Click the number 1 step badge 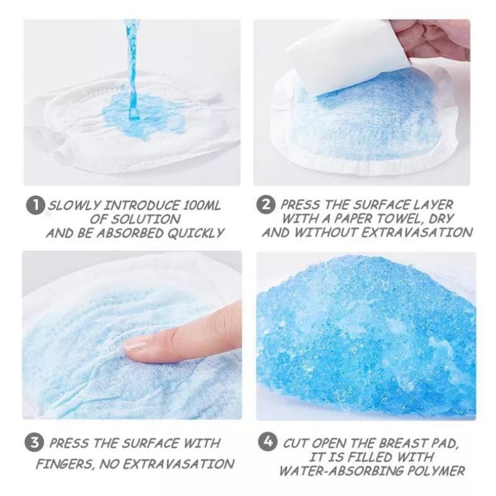[x=35, y=206]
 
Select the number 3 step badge [x=34, y=443]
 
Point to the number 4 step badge [x=268, y=442]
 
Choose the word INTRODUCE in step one [x=142, y=206]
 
